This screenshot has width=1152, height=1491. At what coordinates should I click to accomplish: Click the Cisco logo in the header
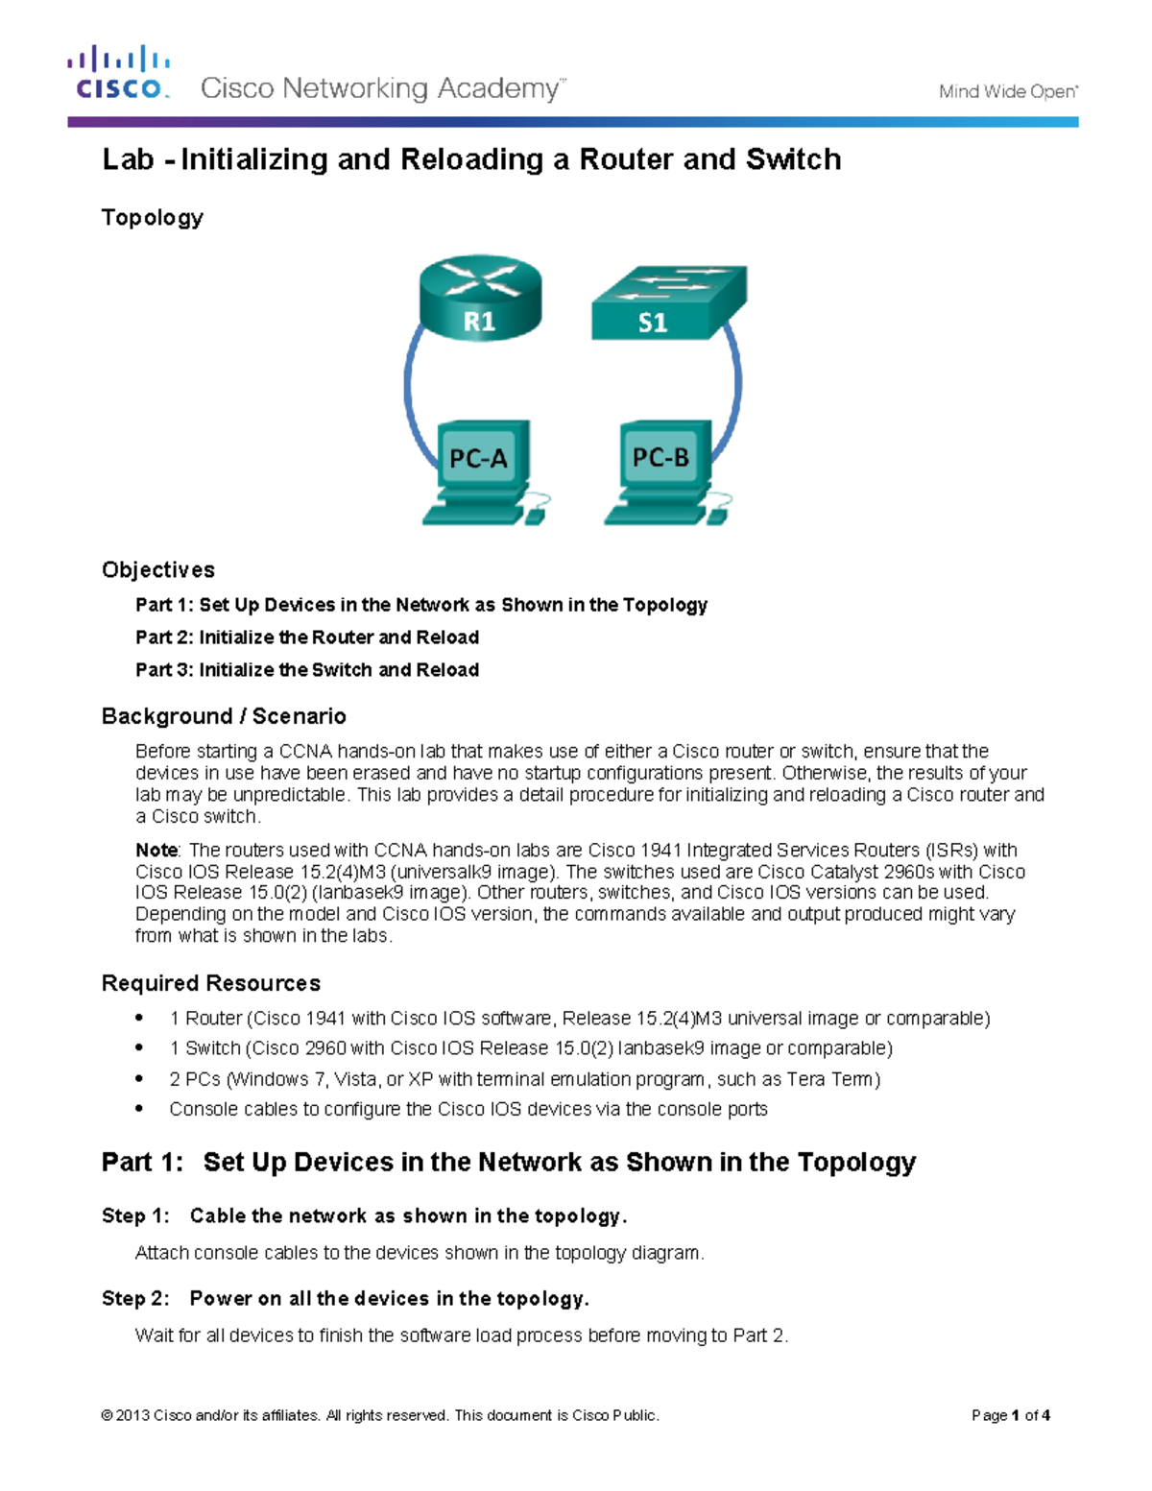click(x=118, y=73)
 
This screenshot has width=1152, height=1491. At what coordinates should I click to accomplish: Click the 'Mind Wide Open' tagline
click(x=1007, y=91)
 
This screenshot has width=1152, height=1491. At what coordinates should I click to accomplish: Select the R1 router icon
click(x=480, y=298)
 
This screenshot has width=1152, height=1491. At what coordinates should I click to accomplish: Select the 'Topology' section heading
click(x=153, y=217)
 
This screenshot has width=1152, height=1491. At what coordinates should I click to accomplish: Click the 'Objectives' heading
click(x=158, y=569)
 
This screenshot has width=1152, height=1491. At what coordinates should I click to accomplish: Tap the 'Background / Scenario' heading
click(x=224, y=716)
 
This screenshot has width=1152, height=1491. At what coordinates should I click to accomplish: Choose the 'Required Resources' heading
click(x=211, y=983)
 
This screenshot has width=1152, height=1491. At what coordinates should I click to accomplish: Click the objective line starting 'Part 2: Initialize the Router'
click(x=307, y=637)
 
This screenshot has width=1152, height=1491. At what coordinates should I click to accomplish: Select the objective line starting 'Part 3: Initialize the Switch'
click(x=307, y=670)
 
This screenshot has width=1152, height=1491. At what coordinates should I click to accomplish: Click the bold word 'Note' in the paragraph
click(x=156, y=850)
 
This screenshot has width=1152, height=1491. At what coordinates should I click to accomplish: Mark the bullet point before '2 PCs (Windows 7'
click(x=140, y=1077)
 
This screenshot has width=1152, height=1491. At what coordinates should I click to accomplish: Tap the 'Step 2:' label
click(x=135, y=1299)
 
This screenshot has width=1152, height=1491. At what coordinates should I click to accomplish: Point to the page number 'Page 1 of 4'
click(x=1010, y=1415)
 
